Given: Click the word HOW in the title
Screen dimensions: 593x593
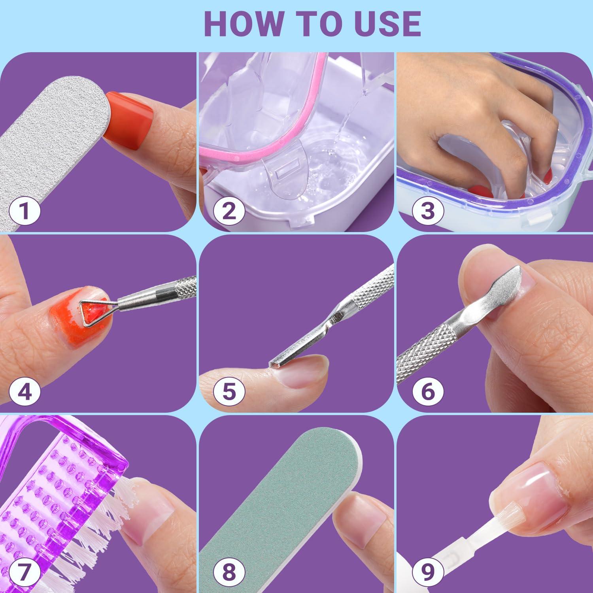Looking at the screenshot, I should click(245, 25).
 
